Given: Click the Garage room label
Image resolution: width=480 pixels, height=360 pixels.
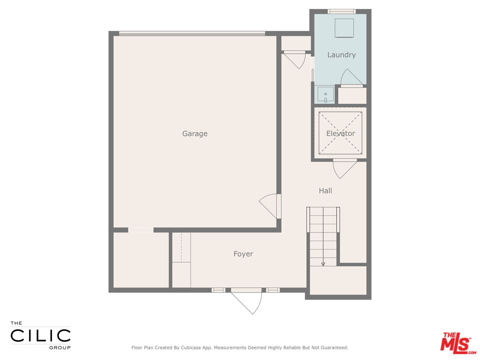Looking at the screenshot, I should point(194,133).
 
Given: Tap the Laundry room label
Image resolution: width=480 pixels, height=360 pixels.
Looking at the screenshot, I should point(341,54).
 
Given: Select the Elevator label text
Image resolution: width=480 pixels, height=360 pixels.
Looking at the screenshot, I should point(340,133).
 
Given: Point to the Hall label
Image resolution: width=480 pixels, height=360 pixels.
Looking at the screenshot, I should point(325,190).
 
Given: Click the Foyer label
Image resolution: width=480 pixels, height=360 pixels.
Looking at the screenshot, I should point(243,254).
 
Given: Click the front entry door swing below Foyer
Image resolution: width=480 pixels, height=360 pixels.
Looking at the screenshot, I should point(248,301).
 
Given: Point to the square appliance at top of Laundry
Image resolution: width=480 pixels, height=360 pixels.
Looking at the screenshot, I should point(344,27).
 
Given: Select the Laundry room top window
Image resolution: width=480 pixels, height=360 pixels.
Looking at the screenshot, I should point(341,11).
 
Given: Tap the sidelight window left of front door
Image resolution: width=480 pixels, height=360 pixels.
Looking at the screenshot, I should point(218,290).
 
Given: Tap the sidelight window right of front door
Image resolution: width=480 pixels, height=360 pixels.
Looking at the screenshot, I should point(272,290).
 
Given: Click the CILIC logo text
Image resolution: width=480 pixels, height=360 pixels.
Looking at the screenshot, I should point(40,335).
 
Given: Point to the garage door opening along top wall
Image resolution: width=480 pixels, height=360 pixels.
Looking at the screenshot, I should point(192,34).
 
